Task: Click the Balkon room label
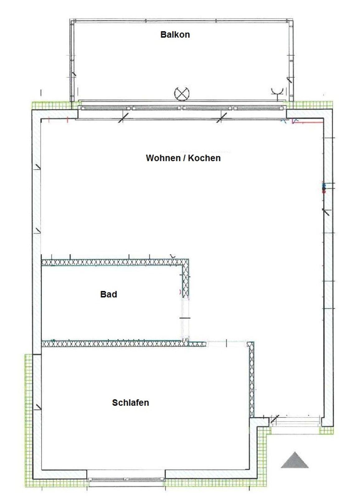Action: pos(175,35)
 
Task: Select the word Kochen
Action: pos(204,158)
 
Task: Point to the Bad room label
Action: pos(109,294)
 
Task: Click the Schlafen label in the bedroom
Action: pos(130,403)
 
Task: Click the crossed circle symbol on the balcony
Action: pos(182,93)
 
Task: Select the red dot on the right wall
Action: pos(324,191)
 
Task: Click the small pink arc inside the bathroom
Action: pos(180,292)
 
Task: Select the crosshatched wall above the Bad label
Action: pos(115,263)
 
